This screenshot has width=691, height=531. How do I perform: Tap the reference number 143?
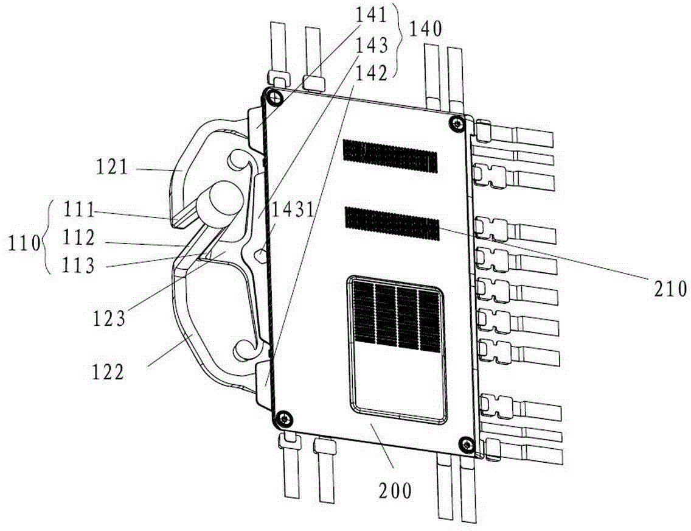tap(372, 44)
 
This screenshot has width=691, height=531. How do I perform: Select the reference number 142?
tap(372, 73)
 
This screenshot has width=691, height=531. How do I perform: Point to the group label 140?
tap(426, 30)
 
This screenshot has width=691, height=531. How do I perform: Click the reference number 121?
tap(112, 167)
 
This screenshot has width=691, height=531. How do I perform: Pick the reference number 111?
tap(79, 211)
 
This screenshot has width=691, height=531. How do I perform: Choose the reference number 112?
tap(79, 238)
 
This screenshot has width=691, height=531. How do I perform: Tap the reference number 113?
tap(79, 266)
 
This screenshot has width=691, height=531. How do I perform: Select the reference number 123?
tap(109, 318)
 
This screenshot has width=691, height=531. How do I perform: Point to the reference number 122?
tap(108, 373)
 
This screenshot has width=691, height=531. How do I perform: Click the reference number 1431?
tap(293, 210)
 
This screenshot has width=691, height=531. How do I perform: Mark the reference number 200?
tap(395, 491)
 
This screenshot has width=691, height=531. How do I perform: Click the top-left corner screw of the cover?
tap(276, 97)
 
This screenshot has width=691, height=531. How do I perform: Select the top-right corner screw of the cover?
tap(457, 123)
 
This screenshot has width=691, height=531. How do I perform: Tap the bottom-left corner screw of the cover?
tap(284, 418)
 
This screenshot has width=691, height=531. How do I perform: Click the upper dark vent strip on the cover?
tap(390, 156)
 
